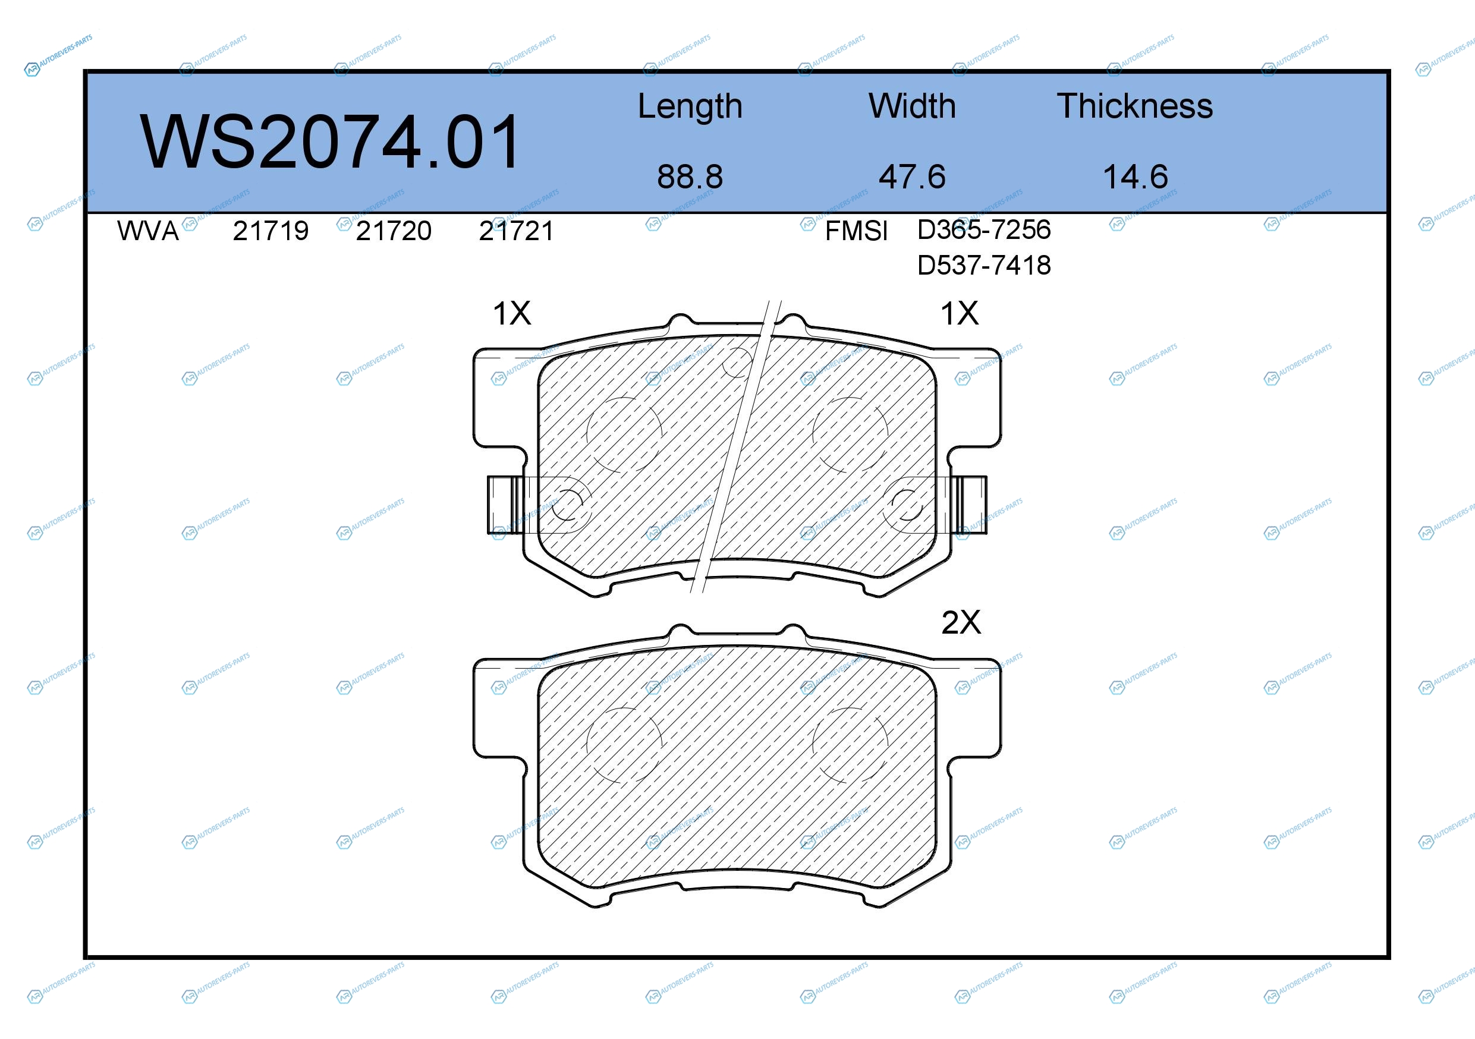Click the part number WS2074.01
(x=330, y=142)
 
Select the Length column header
(x=690, y=106)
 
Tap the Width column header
(x=912, y=106)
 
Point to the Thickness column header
(x=1135, y=106)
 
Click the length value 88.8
(x=690, y=177)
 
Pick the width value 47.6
(x=912, y=177)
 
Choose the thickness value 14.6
(x=1135, y=177)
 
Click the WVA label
(x=148, y=231)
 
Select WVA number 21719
(x=271, y=231)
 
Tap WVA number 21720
(x=394, y=231)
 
